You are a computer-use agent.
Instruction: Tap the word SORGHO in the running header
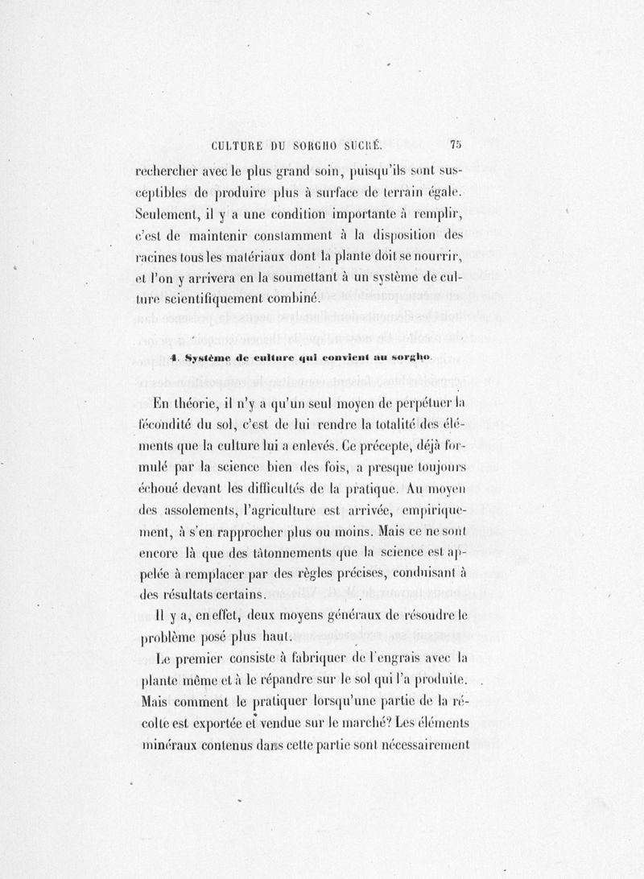[310, 146]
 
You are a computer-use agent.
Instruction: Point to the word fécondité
[162, 423]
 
